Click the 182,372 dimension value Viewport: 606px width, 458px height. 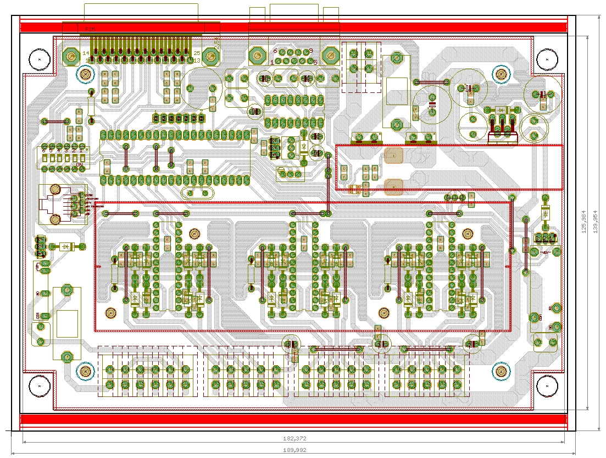click(294, 439)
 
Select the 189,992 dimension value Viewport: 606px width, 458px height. click(294, 449)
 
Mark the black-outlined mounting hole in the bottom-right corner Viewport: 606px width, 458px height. click(547, 386)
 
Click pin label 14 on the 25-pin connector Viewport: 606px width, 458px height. click(86, 53)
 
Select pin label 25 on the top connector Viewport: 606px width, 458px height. click(197, 53)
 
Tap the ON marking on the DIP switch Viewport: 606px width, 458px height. click(80, 164)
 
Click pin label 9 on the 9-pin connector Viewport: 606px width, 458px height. click(310, 50)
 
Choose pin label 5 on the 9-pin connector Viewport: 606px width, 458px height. click(315, 63)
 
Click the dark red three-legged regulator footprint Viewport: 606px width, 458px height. click(503, 129)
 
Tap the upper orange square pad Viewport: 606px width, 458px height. click(394, 156)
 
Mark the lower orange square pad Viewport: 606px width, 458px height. click(394, 187)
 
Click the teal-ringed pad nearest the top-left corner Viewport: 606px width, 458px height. click(85, 74)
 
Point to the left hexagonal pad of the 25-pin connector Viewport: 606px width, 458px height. click(70, 56)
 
